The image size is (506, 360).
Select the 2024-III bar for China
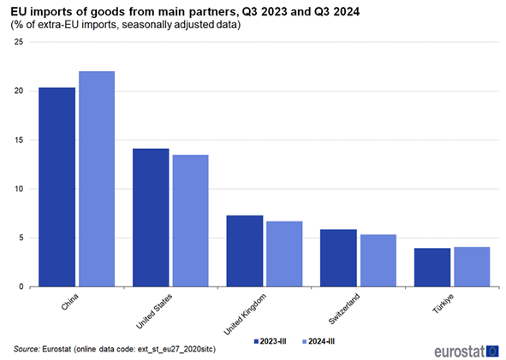tap(97, 179)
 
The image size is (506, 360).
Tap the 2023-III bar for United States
tap(151, 217)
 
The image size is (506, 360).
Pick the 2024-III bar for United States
tap(191, 220)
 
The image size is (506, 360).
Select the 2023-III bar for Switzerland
tap(338, 257)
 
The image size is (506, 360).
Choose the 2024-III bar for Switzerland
tap(378, 260)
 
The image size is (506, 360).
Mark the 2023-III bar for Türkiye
tap(432, 267)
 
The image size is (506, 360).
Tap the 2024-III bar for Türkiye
tap(472, 266)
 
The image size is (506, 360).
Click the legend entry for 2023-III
tap(272, 340)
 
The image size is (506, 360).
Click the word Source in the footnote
tap(27, 349)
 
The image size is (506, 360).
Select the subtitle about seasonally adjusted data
tap(125, 25)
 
